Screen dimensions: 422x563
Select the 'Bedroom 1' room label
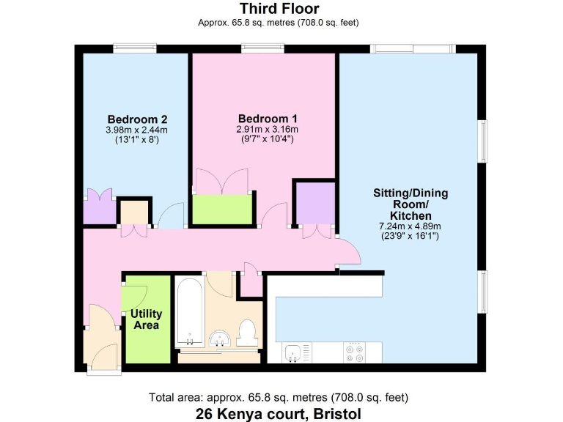tap(268, 118)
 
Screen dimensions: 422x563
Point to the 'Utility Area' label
tap(147, 319)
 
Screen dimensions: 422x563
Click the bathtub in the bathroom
tap(190, 312)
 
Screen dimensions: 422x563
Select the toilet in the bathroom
tap(248, 333)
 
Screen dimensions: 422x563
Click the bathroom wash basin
tap(219, 338)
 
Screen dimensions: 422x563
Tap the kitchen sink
tap(292, 352)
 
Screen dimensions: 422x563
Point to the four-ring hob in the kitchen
tap(355, 352)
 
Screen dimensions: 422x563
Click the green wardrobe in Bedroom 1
tap(223, 210)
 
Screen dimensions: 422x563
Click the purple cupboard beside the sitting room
tap(314, 202)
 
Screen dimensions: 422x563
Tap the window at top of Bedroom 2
tap(135, 49)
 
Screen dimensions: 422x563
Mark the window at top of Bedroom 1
tap(264, 49)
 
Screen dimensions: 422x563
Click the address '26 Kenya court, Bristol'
tap(279, 414)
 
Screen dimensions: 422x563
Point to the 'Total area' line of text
tap(279, 398)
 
